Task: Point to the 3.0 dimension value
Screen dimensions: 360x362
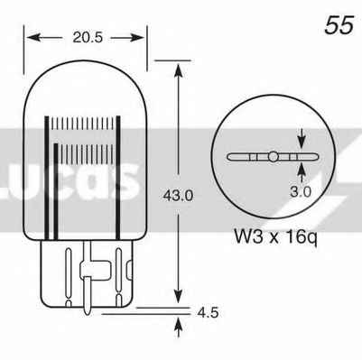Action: point(301,192)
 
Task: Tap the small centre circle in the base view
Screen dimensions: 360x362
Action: point(273,156)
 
